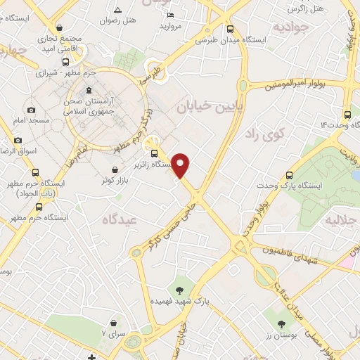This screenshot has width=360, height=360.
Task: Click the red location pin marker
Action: click(181, 165)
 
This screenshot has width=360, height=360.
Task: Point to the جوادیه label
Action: click(291, 27)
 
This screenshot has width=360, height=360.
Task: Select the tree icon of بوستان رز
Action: click(281, 325)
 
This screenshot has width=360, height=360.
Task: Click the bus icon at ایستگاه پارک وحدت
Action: click(289, 175)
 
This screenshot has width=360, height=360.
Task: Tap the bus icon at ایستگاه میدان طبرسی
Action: click(231, 29)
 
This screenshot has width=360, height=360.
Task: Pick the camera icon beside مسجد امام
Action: click(31, 110)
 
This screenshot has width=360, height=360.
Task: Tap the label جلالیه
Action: click(340, 221)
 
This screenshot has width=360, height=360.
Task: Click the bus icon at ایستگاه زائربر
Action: click(154, 153)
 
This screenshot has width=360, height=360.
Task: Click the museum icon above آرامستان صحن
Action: click(89, 90)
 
